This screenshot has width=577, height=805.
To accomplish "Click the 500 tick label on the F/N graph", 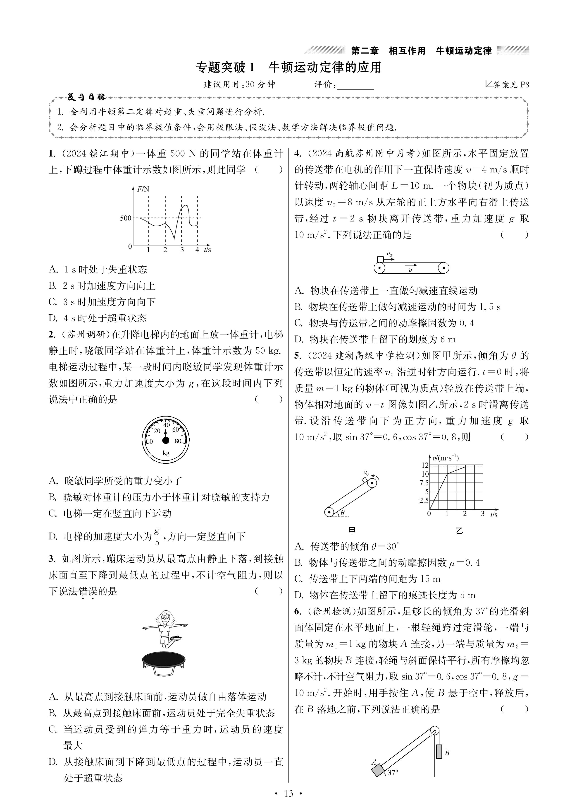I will pos(126,218).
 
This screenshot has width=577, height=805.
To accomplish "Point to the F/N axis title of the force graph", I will pos(143,189).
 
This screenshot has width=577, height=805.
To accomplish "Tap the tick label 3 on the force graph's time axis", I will pos(182,250).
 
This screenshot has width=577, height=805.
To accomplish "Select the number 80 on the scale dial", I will pos(178,441).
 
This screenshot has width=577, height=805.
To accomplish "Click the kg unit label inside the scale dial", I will pos(166,453).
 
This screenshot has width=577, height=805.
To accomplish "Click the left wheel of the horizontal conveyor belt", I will pos(379,268).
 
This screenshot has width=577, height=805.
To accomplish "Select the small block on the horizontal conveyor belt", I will pos(381,259).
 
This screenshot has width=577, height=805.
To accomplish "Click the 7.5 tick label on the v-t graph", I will pos(424,483).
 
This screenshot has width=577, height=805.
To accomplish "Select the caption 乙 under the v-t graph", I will pos(459,531).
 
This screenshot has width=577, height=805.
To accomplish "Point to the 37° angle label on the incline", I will pos(393,772).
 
